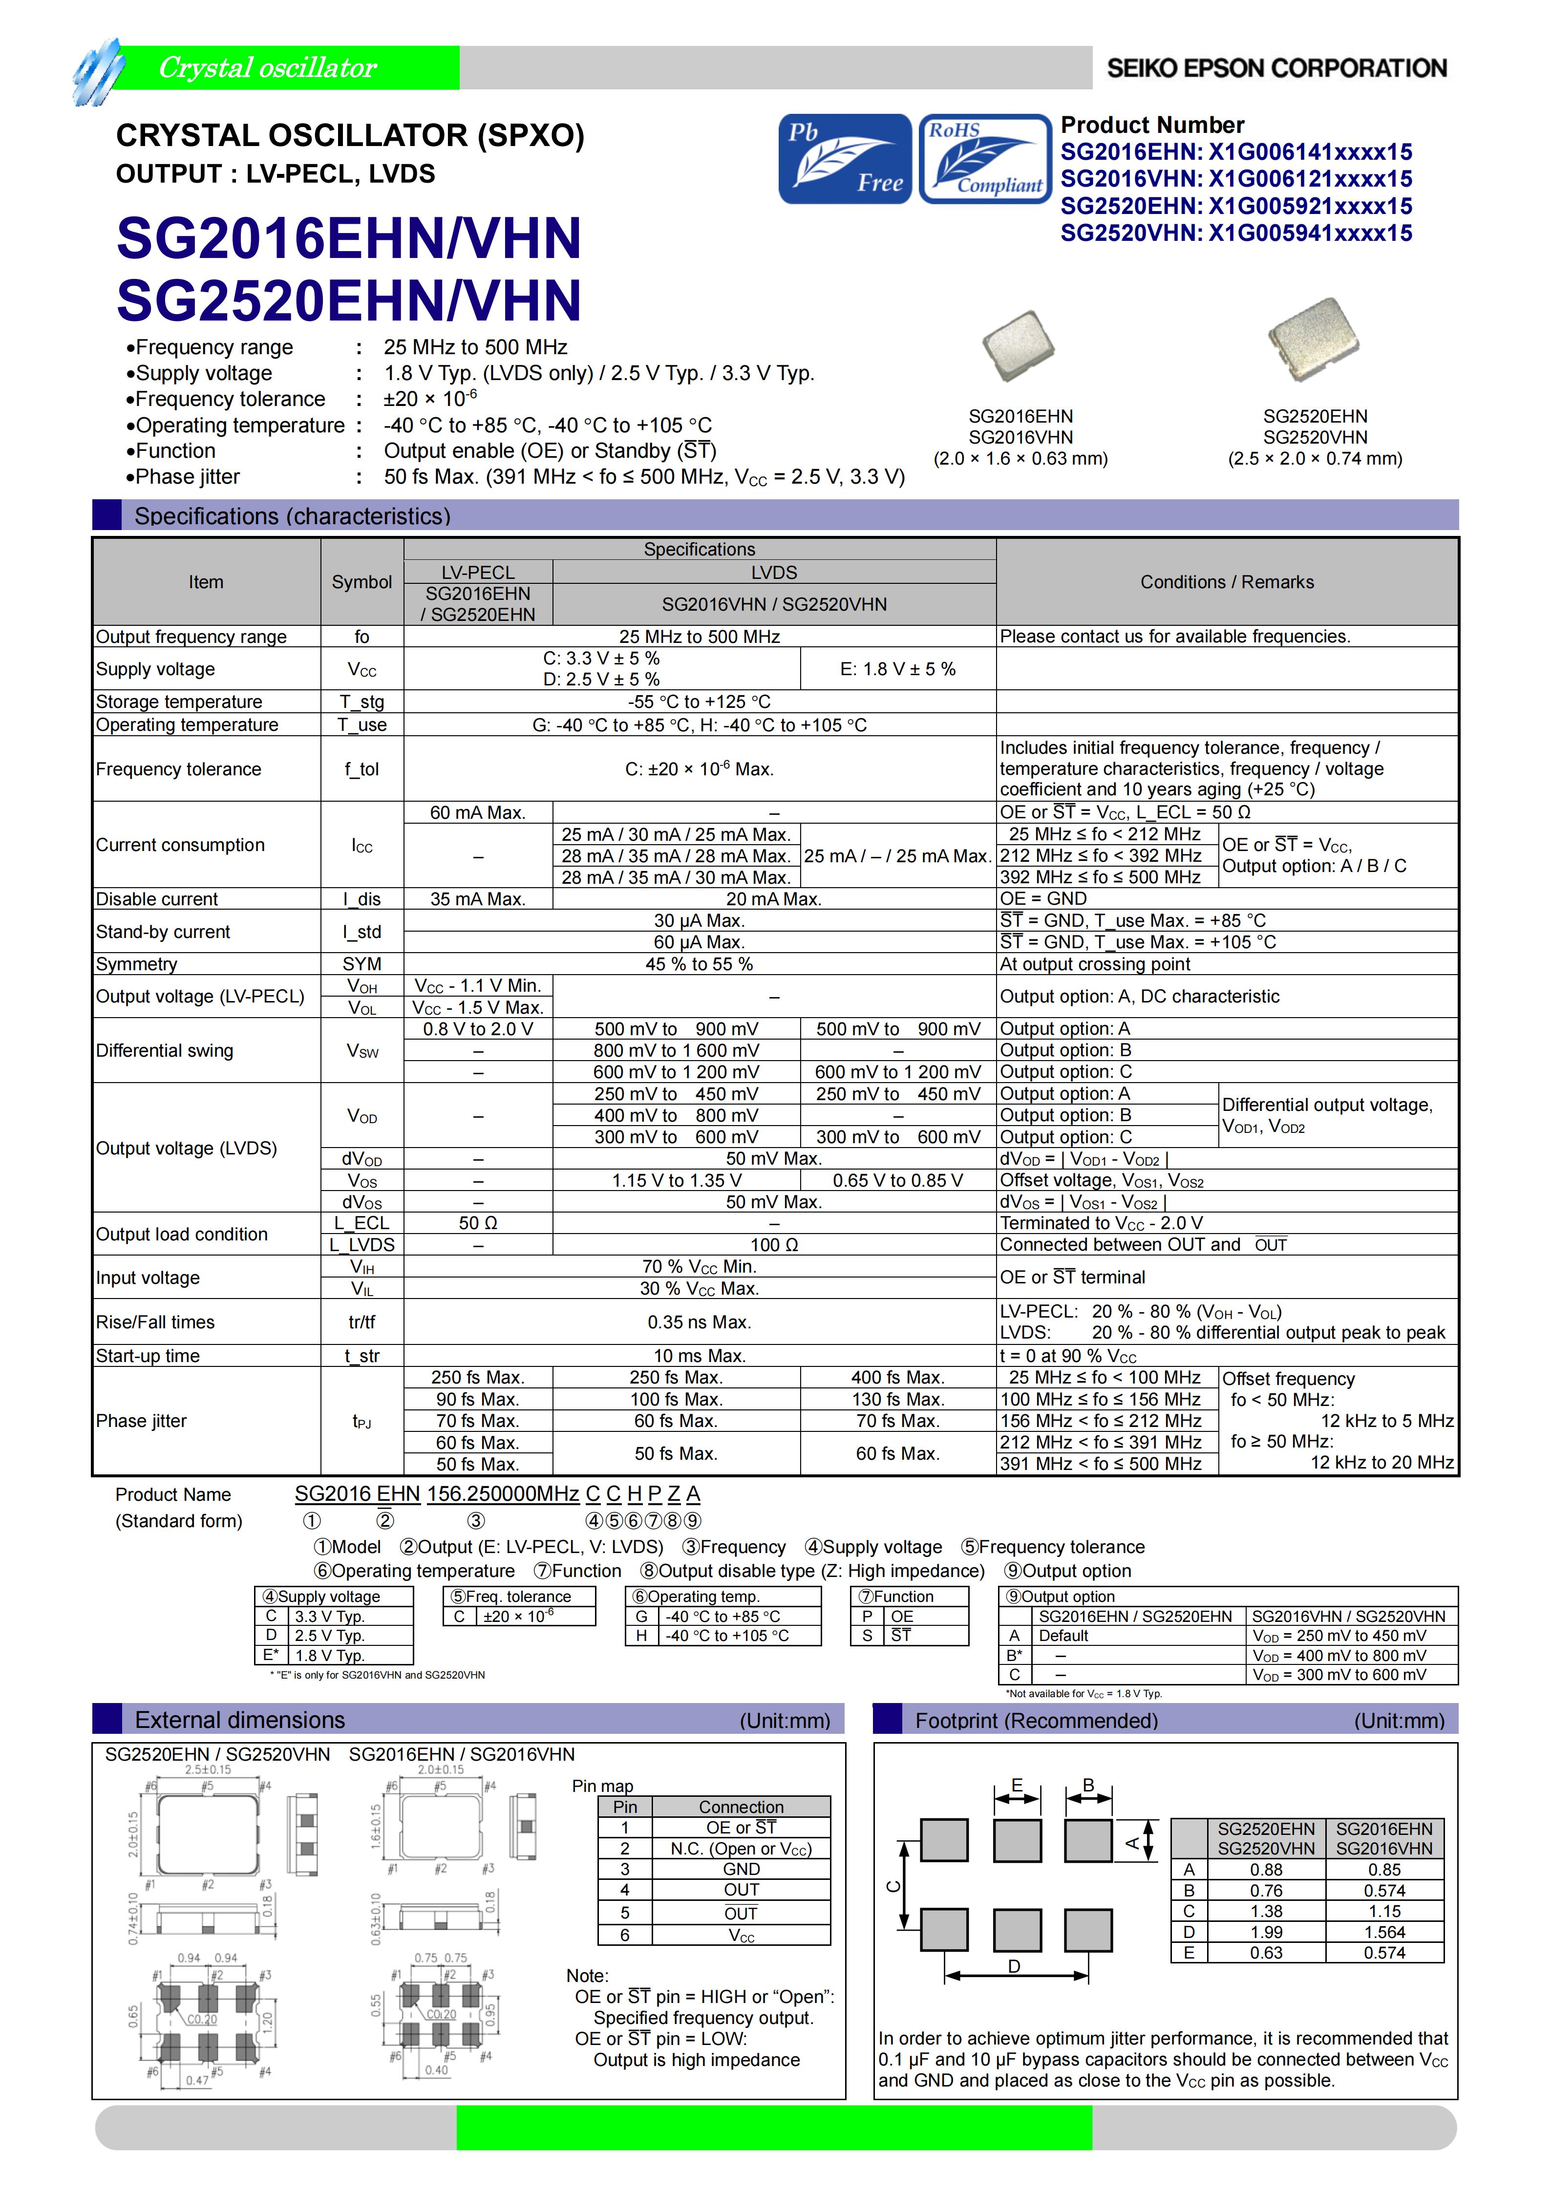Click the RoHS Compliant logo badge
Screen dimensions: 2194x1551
coord(984,159)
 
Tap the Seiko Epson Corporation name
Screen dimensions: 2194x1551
coord(1277,68)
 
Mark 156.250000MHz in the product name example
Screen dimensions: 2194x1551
coord(503,1493)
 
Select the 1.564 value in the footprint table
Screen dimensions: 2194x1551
coord(1384,1931)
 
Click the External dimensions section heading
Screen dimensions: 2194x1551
coord(240,1720)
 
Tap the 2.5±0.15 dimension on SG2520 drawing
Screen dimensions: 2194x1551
coord(208,1769)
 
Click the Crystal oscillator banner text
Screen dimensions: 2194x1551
coord(268,68)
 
